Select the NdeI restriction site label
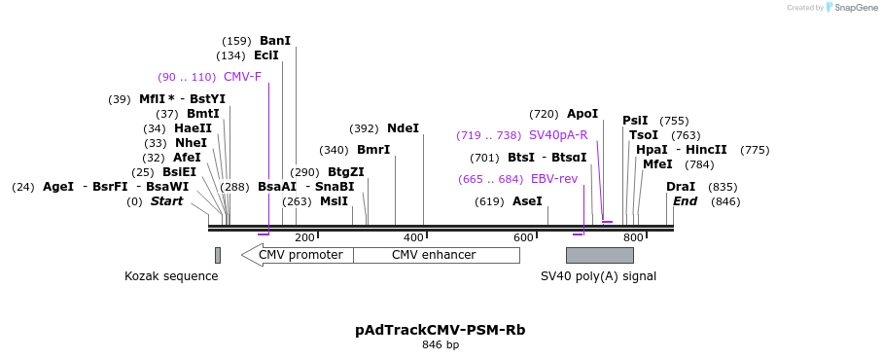[403, 128]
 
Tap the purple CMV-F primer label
[242, 77]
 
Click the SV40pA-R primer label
[558, 135]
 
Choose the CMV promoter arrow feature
[297, 255]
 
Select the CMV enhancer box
[437, 255]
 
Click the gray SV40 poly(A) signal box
[600, 255]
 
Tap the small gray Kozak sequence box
[218, 255]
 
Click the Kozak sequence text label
[171, 276]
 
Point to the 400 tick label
[414, 238]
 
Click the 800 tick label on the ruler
[633, 238]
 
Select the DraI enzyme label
[681, 187]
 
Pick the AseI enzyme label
[527, 201]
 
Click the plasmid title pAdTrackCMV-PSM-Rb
[441, 330]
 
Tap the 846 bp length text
[441, 344]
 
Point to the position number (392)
[364, 129]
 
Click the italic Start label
[166, 201]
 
